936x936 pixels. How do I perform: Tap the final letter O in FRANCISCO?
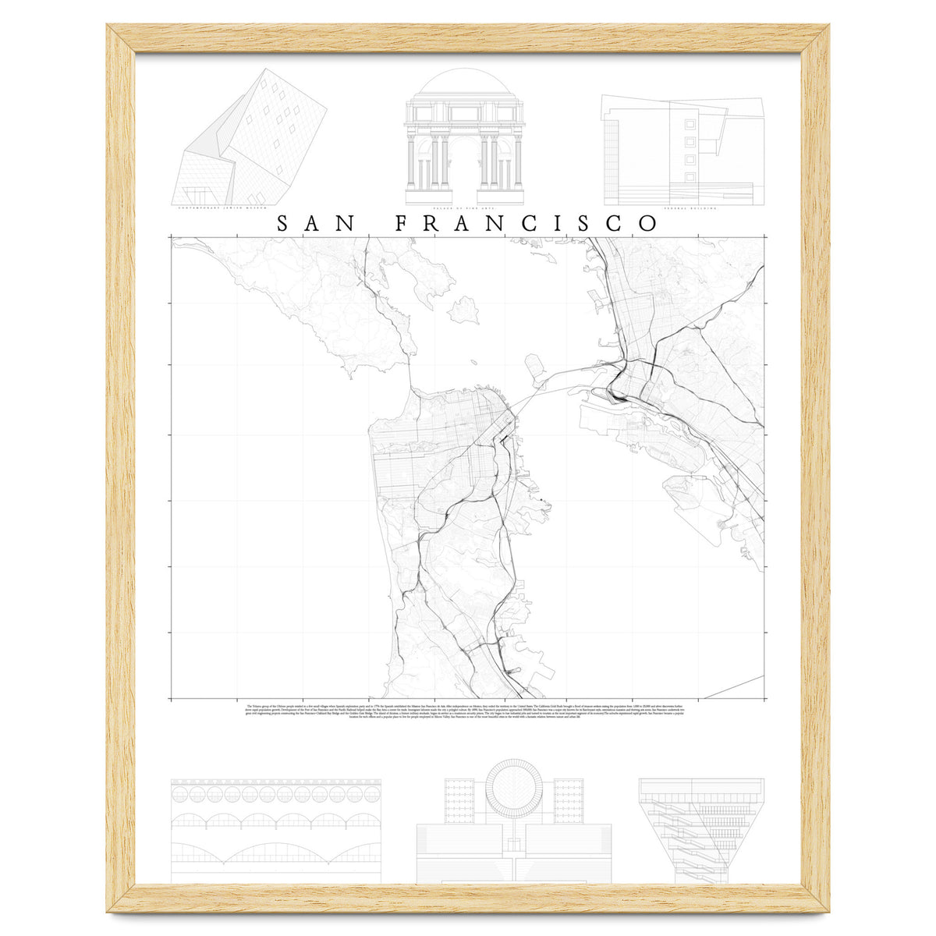point(647,223)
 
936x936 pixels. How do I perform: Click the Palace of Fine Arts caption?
point(463,209)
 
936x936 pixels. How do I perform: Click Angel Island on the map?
point(463,310)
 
